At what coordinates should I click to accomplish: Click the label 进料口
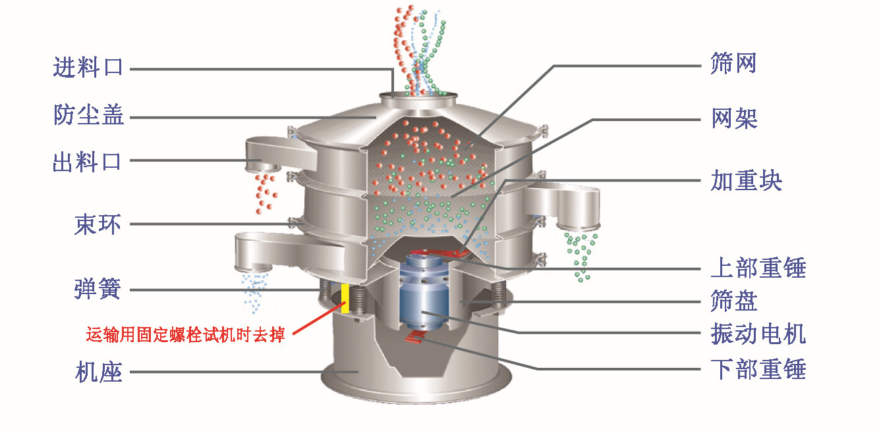(x=88, y=68)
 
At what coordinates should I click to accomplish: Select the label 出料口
(x=88, y=161)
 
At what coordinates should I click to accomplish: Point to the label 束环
(x=98, y=224)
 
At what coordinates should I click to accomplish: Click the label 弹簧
(x=98, y=290)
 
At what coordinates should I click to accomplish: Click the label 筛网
(x=733, y=64)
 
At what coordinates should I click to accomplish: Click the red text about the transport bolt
(x=185, y=335)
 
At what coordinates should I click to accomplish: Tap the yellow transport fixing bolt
(x=345, y=299)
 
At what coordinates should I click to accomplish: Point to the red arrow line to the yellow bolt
(x=316, y=318)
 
